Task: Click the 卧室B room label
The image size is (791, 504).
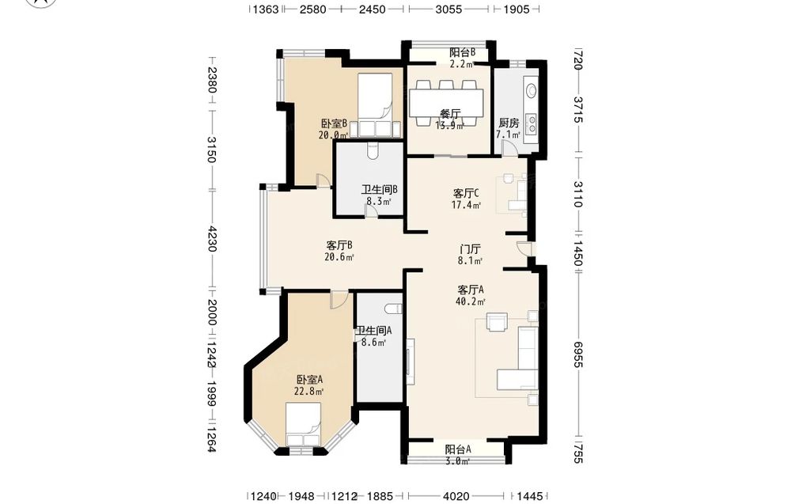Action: [x=334, y=123]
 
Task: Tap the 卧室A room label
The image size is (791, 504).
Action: [x=309, y=380]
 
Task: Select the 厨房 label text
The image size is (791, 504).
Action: [x=509, y=123]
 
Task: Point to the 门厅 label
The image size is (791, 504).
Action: [x=470, y=249]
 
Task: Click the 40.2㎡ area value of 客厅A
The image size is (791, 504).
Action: [x=470, y=301]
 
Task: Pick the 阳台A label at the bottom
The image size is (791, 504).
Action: [x=458, y=449]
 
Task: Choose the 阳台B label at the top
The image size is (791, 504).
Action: [x=462, y=52]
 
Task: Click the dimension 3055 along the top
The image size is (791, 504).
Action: [x=448, y=9]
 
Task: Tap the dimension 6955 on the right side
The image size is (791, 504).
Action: [x=578, y=354]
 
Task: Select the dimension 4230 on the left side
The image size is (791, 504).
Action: [x=212, y=239]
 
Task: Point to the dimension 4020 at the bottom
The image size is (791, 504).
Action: [x=456, y=496]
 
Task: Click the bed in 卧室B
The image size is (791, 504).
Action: [x=375, y=105]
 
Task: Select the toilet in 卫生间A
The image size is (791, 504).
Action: [x=393, y=309]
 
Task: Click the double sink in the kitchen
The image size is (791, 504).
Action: [x=532, y=123]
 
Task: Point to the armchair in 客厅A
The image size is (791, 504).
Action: [x=497, y=322]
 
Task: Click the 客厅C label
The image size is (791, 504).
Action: [x=466, y=193]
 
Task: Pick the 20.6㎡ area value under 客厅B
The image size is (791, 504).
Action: [x=339, y=257]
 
